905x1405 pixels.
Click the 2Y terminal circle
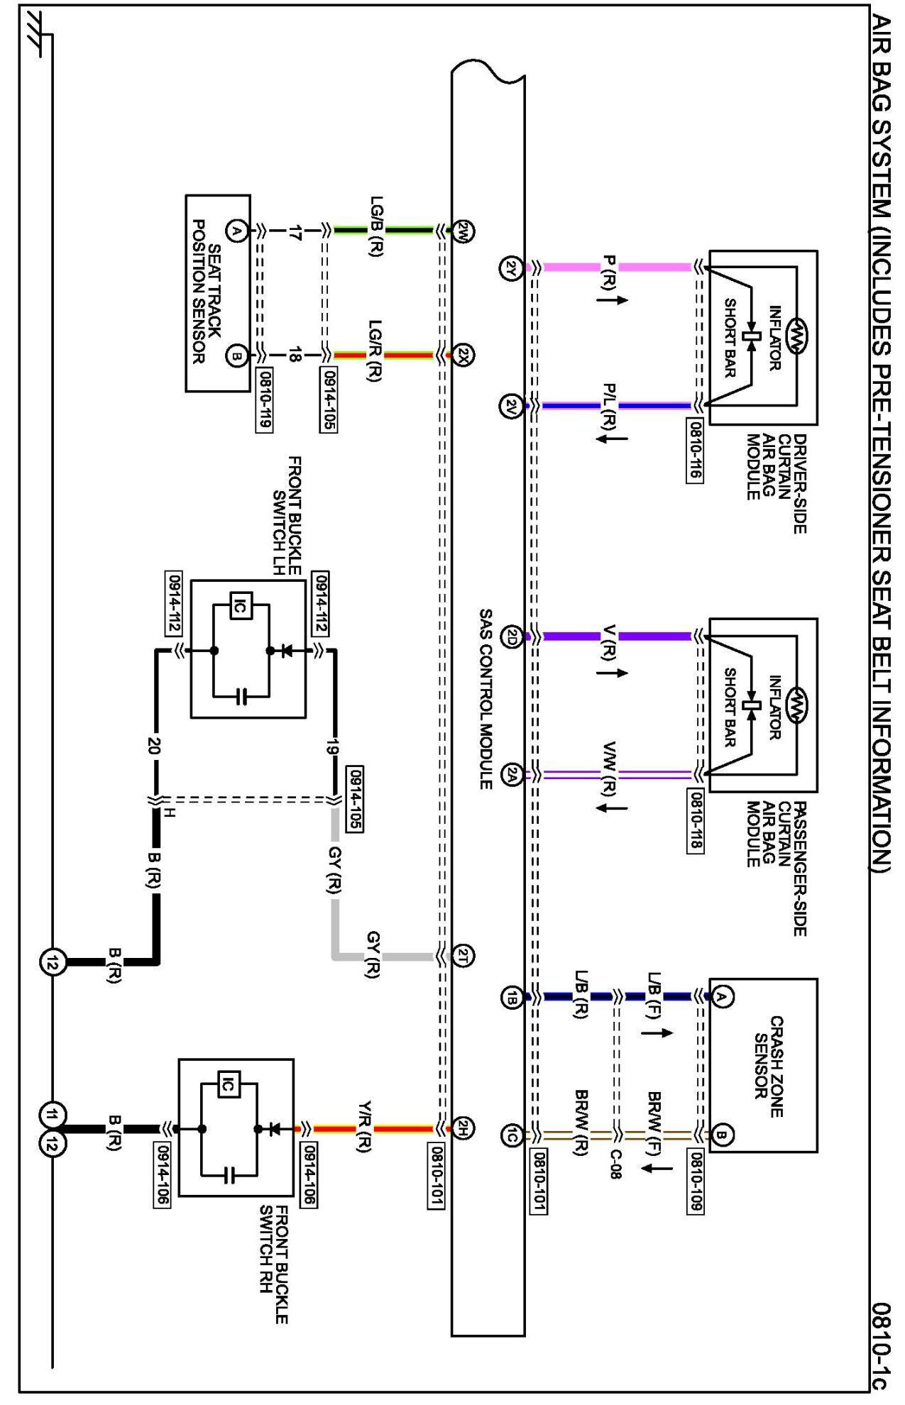pyautogui.click(x=512, y=268)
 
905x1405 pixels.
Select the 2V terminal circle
pyautogui.click(x=512, y=407)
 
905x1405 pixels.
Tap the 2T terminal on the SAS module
pyautogui.click(x=464, y=956)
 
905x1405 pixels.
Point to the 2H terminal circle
pyautogui.click(x=464, y=1128)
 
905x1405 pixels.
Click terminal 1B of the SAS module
pyautogui.click(x=512, y=997)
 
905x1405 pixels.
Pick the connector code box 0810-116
pyautogui.click(x=695, y=451)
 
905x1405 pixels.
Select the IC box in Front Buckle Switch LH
pyautogui.click(x=240, y=607)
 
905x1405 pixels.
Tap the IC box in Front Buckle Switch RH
pyautogui.click(x=228, y=1084)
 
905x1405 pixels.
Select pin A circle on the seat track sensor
pyautogui.click(x=236, y=231)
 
